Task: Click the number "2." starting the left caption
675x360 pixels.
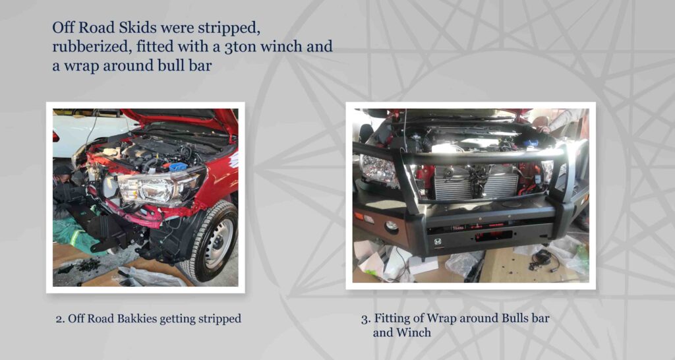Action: click(60, 319)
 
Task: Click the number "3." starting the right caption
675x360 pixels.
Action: click(366, 319)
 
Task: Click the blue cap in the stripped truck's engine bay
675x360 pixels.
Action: click(177, 167)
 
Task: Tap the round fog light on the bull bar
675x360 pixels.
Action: click(392, 225)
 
